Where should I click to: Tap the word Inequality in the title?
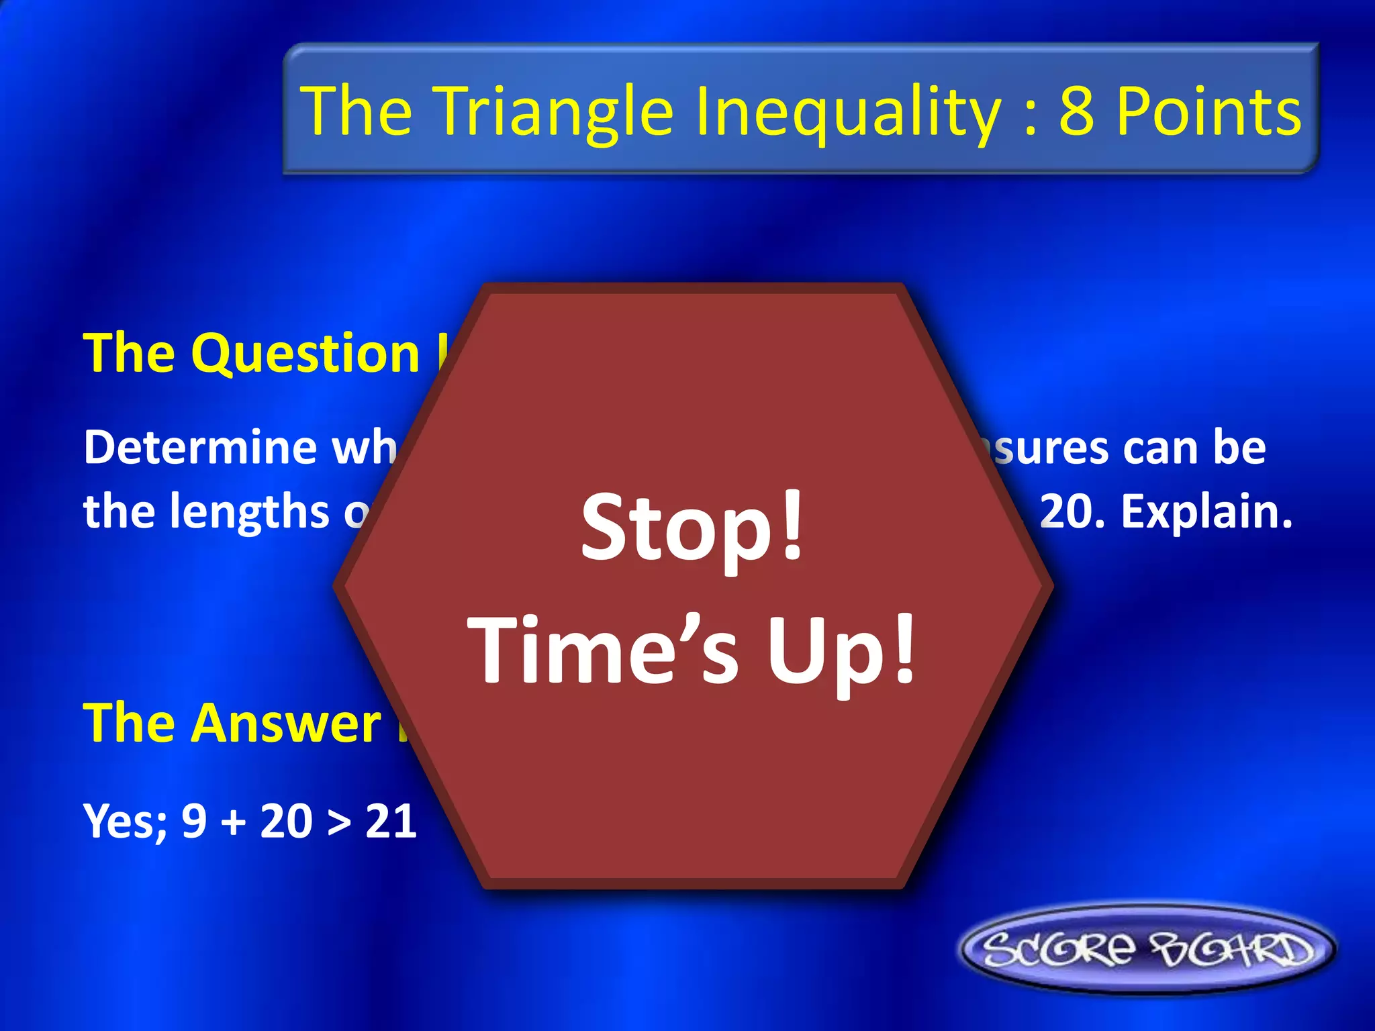[848, 111]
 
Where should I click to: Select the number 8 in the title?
[1076, 111]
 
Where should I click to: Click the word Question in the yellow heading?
[305, 354]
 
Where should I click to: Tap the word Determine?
[200, 447]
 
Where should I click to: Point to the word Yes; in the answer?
[125, 822]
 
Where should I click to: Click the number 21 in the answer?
[391, 821]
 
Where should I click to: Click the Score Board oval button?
[1147, 949]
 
